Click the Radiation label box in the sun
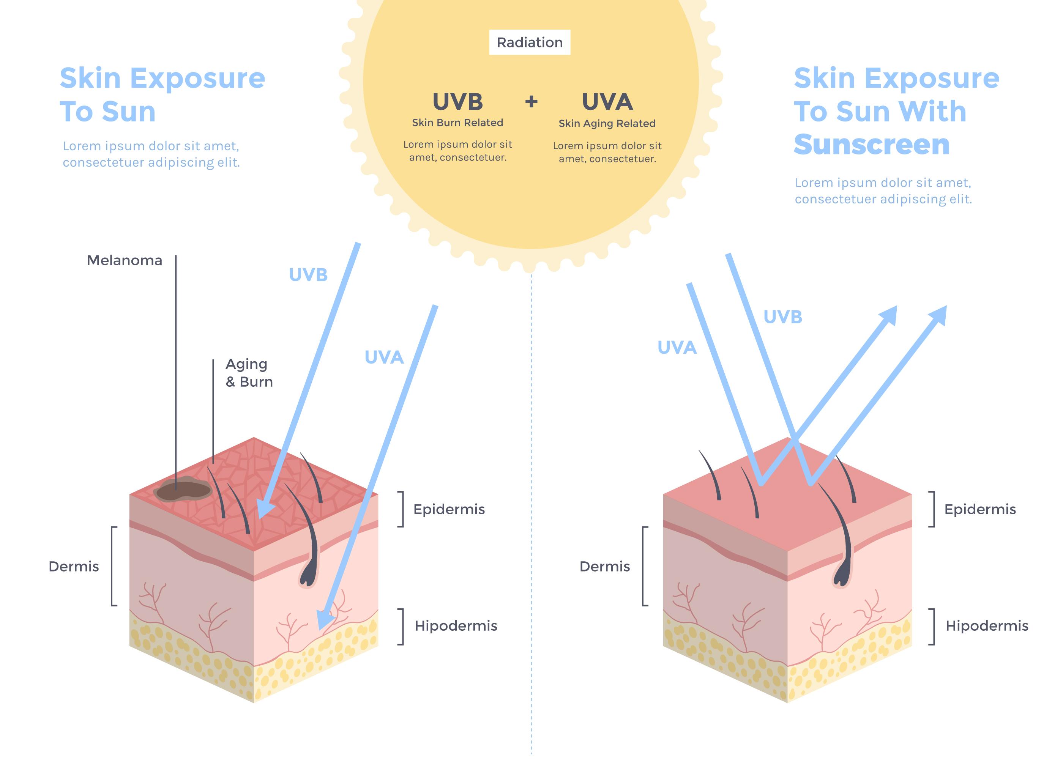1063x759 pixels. coord(529,43)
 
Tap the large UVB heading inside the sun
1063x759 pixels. coord(457,102)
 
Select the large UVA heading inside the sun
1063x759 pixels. coord(607,102)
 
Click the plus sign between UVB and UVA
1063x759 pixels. coord(531,101)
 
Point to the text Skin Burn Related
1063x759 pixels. coord(457,123)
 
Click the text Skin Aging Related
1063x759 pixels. coord(607,124)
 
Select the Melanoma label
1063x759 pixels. coord(125,260)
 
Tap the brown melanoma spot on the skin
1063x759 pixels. coord(183,489)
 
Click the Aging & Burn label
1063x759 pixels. coord(249,373)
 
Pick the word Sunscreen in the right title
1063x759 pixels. coord(871,145)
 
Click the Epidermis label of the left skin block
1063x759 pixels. coord(449,509)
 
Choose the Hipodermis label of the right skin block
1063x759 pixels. coord(986,626)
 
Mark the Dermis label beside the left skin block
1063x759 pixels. coord(74,567)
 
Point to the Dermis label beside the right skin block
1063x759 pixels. coord(604,567)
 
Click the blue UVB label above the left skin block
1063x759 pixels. coord(308,275)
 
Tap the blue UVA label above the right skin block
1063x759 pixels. coord(677,348)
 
